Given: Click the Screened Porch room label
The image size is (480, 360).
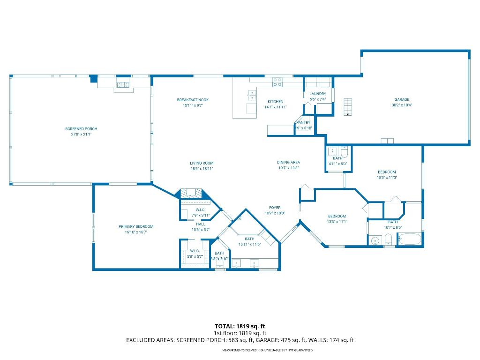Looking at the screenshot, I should coord(81,128).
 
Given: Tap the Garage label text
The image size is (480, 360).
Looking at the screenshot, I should coord(402,99).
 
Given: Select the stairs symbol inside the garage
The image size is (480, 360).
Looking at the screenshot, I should coord(347,106).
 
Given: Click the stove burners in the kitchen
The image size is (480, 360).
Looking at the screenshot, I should coord(277,82).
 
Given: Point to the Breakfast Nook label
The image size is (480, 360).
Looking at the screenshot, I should coord(193,100).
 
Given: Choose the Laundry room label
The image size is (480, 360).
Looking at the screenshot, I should coord(318,94).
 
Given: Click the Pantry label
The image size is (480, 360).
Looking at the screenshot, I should coord(303,123).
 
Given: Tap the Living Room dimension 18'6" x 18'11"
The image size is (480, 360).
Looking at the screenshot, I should coord(202,168).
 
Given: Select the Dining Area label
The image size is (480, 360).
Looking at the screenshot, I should coord(288,163).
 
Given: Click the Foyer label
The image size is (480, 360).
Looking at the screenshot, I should coord(275,208).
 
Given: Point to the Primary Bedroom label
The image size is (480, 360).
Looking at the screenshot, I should coord(136,226).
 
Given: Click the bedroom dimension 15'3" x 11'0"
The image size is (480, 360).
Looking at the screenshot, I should coord(387,178).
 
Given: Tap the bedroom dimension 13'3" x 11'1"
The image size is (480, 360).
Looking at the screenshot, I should coord(337,222).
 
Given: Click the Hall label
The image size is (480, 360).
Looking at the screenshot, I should coord(201,224).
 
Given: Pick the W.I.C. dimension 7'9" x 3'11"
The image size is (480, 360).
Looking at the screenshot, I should coord(201,215).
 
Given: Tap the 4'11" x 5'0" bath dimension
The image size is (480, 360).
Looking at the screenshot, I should coord(338,164).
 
